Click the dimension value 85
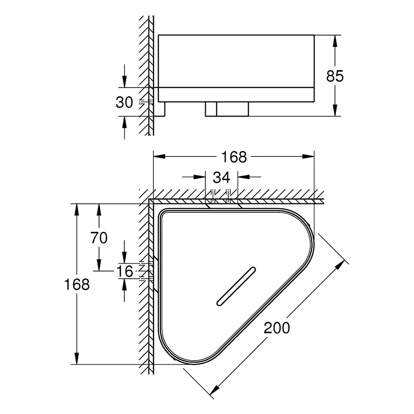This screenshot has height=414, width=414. click(335, 76)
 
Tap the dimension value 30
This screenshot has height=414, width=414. click(124, 102)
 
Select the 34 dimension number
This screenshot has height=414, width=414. click(221, 177)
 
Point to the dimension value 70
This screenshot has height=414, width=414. click(99, 238)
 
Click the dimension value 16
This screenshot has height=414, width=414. click(125, 271)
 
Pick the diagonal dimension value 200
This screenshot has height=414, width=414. click(277, 328)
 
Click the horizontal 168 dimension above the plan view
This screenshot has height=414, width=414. click(234, 157)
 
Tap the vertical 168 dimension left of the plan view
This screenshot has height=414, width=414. click(77, 284)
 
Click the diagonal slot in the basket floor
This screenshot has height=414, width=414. click(236, 287)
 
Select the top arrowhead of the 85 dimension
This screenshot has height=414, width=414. click(335, 41)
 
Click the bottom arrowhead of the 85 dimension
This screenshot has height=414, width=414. click(335, 111)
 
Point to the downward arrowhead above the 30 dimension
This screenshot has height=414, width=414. click(125, 82)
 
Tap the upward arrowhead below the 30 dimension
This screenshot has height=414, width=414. click(125, 122)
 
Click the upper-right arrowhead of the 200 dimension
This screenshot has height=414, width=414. click(341, 264)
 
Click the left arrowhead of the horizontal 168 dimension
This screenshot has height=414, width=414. click(159, 156)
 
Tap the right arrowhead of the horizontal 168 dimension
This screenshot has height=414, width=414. click(308, 156)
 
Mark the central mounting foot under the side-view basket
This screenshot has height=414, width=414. click(227, 109)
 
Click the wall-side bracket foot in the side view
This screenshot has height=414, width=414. click(159, 109)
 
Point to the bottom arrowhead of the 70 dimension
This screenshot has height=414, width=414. click(99, 265)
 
